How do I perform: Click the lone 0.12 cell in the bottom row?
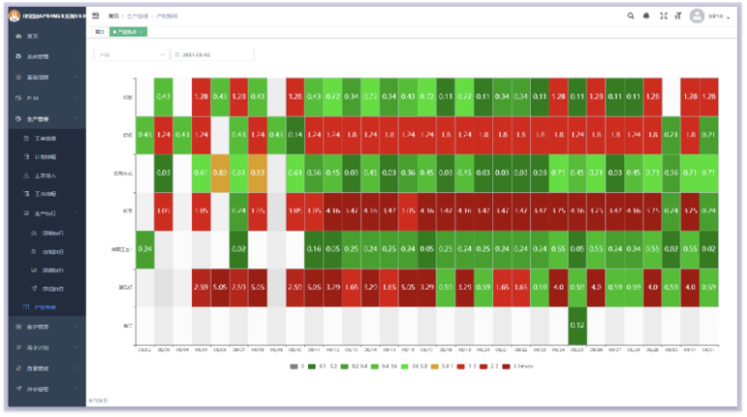(578, 324)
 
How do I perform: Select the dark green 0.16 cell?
(314, 249)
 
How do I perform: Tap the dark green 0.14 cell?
(295, 134)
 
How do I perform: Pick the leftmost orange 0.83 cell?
(220, 173)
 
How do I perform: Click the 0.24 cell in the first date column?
(145, 249)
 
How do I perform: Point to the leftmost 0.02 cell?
(238, 249)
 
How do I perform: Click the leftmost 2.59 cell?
(201, 287)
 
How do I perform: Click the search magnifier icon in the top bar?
(631, 15)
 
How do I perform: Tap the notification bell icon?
(647, 15)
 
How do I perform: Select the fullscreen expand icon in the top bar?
(662, 15)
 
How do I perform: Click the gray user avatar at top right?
(697, 15)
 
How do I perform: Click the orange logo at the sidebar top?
(14, 15)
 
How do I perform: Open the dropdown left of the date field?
(131, 55)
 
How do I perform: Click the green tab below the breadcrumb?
(128, 32)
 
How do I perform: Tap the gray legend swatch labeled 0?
(292, 366)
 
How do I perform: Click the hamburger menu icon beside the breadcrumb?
(96, 15)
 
